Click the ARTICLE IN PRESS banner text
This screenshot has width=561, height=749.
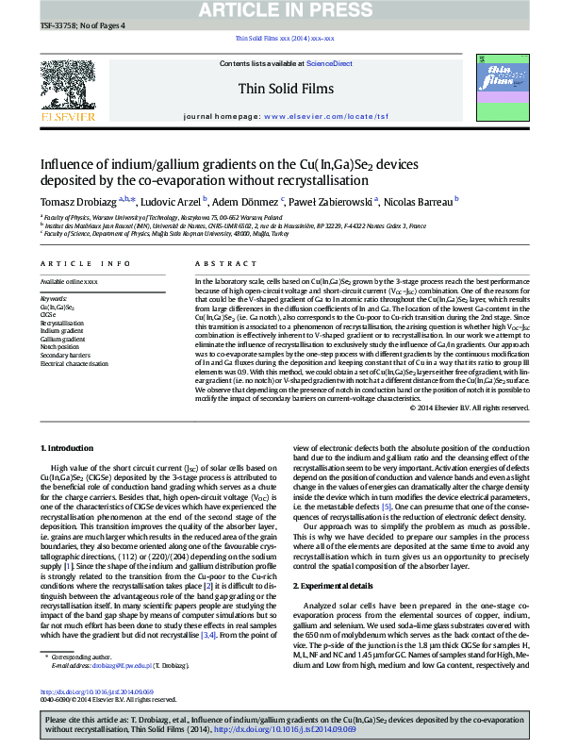(281, 10)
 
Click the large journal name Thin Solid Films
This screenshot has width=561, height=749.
(281, 90)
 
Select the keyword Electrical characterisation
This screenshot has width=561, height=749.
(75, 363)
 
